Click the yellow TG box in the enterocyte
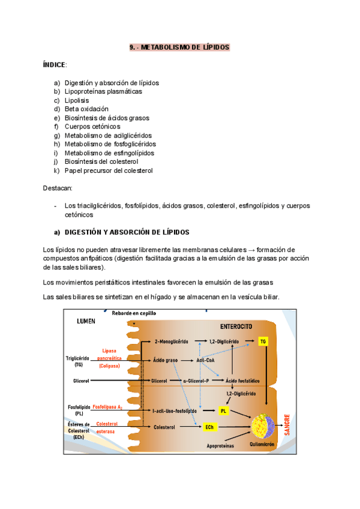(x=263, y=341)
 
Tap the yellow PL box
(x=223, y=411)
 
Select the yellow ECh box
(x=209, y=427)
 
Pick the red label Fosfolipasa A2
(x=108, y=407)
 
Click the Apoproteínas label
(x=220, y=446)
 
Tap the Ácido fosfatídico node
(x=240, y=381)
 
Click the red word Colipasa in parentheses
(x=110, y=365)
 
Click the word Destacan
(x=59, y=188)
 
